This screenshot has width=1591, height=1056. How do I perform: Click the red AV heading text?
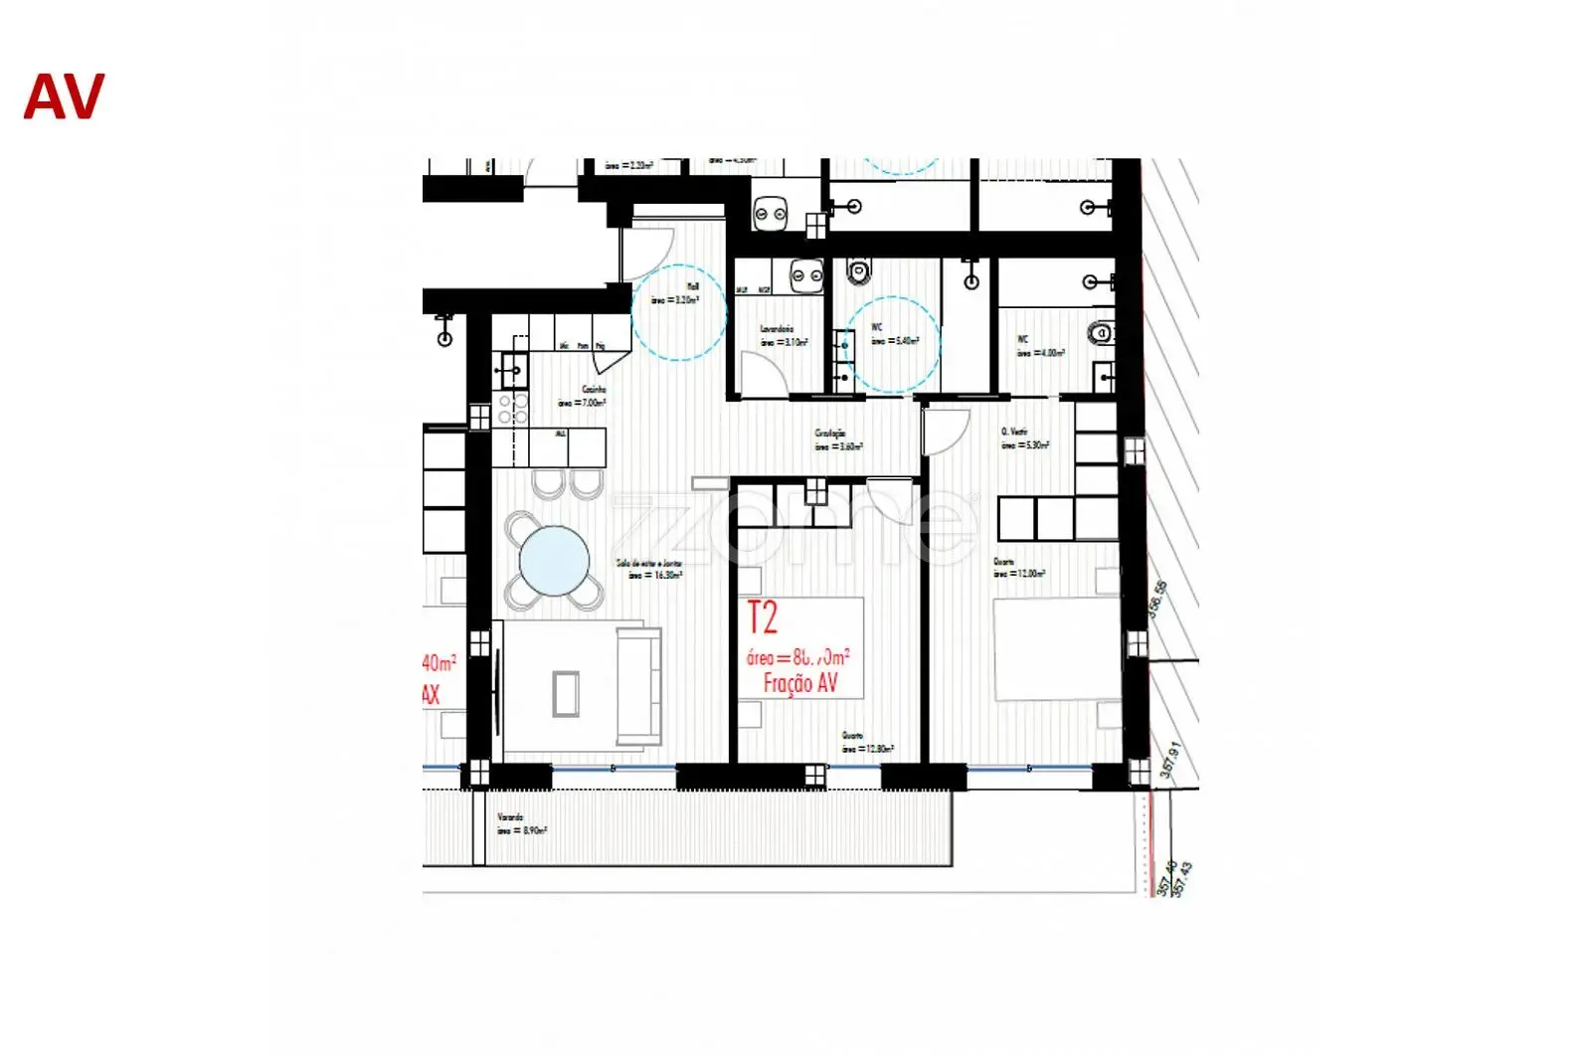click(64, 97)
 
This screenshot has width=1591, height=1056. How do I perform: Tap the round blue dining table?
click(554, 560)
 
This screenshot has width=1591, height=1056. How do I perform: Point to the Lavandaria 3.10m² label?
click(782, 335)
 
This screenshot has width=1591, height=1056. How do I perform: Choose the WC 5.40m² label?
click(893, 334)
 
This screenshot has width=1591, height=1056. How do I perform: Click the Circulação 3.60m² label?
click(837, 440)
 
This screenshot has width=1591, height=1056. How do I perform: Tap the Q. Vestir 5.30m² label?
click(1023, 439)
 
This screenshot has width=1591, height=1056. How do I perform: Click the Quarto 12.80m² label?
click(866, 743)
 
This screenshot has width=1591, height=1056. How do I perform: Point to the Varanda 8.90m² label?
click(521, 823)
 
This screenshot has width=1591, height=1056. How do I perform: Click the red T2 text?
click(762, 618)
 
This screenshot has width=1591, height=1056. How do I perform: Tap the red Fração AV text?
click(799, 682)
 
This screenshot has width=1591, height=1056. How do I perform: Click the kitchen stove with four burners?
click(511, 408)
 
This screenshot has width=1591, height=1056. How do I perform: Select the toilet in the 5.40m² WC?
click(859, 269)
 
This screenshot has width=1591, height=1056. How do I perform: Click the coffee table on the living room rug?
click(566, 694)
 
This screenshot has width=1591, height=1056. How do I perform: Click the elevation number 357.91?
click(1170, 760)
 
